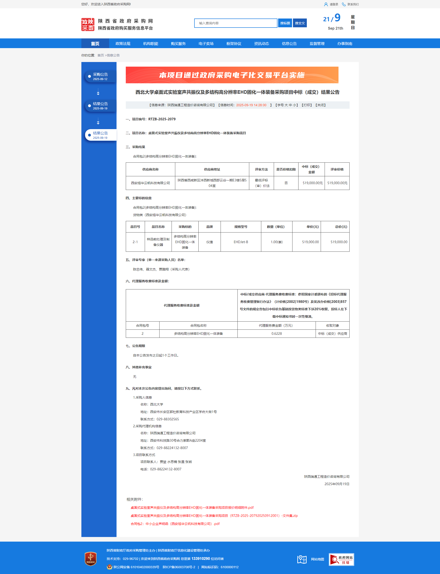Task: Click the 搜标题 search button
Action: (x=285, y=23)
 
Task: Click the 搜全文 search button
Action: (x=300, y=23)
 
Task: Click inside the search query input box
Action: (x=235, y=23)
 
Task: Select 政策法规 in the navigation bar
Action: (x=123, y=43)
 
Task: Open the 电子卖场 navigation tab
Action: (x=206, y=43)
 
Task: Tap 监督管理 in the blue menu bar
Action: (x=317, y=43)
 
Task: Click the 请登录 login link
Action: (x=333, y=4)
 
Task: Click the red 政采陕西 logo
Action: (x=88, y=24)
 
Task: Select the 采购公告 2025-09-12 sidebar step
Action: (x=100, y=76)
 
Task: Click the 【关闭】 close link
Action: (x=320, y=105)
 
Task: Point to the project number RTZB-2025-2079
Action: (x=162, y=119)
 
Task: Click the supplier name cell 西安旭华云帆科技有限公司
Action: (x=150, y=183)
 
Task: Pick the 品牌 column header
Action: (x=209, y=227)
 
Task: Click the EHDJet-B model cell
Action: (x=241, y=242)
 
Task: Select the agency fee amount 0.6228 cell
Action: (x=276, y=333)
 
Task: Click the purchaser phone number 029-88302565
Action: (x=168, y=419)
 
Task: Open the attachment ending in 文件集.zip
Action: (x=214, y=515)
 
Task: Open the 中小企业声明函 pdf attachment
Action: (x=175, y=524)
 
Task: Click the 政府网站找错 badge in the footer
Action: (x=341, y=560)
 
